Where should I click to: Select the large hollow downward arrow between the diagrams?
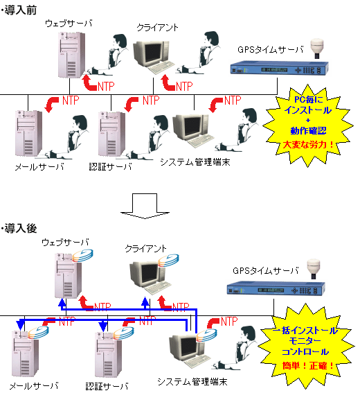[x=145, y=206]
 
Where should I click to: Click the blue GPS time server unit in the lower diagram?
[x=276, y=288]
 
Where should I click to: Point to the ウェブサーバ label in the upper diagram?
[x=69, y=24]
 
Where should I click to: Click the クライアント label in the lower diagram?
[x=145, y=248]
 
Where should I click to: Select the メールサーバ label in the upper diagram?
[x=39, y=166]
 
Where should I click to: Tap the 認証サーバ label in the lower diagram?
[x=107, y=386]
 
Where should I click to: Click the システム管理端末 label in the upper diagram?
[x=195, y=162]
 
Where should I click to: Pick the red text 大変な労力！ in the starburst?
[x=309, y=145]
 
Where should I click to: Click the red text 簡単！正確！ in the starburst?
[x=308, y=366]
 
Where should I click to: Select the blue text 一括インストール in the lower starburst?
[x=305, y=331]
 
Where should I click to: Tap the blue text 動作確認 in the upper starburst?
[x=308, y=130]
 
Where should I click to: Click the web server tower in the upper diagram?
[x=71, y=55]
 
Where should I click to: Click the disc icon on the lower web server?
[x=83, y=256]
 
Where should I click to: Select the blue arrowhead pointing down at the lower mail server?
[x=20, y=325]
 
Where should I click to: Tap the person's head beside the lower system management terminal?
[x=249, y=333]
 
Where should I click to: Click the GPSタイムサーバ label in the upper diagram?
[x=271, y=50]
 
